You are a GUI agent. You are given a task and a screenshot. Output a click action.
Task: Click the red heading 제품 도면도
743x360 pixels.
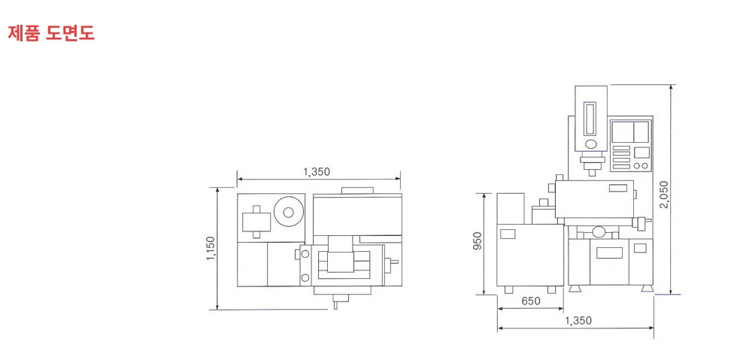51,32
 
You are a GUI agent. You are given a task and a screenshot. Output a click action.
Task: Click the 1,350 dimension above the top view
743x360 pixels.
317,171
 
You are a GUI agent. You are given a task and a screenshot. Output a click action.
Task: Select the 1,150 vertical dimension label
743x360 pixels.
211,248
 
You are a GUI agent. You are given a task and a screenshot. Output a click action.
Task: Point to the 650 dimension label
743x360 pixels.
531,301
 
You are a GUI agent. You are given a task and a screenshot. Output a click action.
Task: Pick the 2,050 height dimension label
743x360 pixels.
663,194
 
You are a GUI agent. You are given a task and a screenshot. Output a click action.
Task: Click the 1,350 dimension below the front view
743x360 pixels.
578,320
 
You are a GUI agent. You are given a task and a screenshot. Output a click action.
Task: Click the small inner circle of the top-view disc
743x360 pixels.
289,212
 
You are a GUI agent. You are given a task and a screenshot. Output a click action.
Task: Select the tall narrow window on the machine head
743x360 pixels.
591,118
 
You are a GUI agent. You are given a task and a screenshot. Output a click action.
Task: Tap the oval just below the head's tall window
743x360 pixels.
591,144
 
